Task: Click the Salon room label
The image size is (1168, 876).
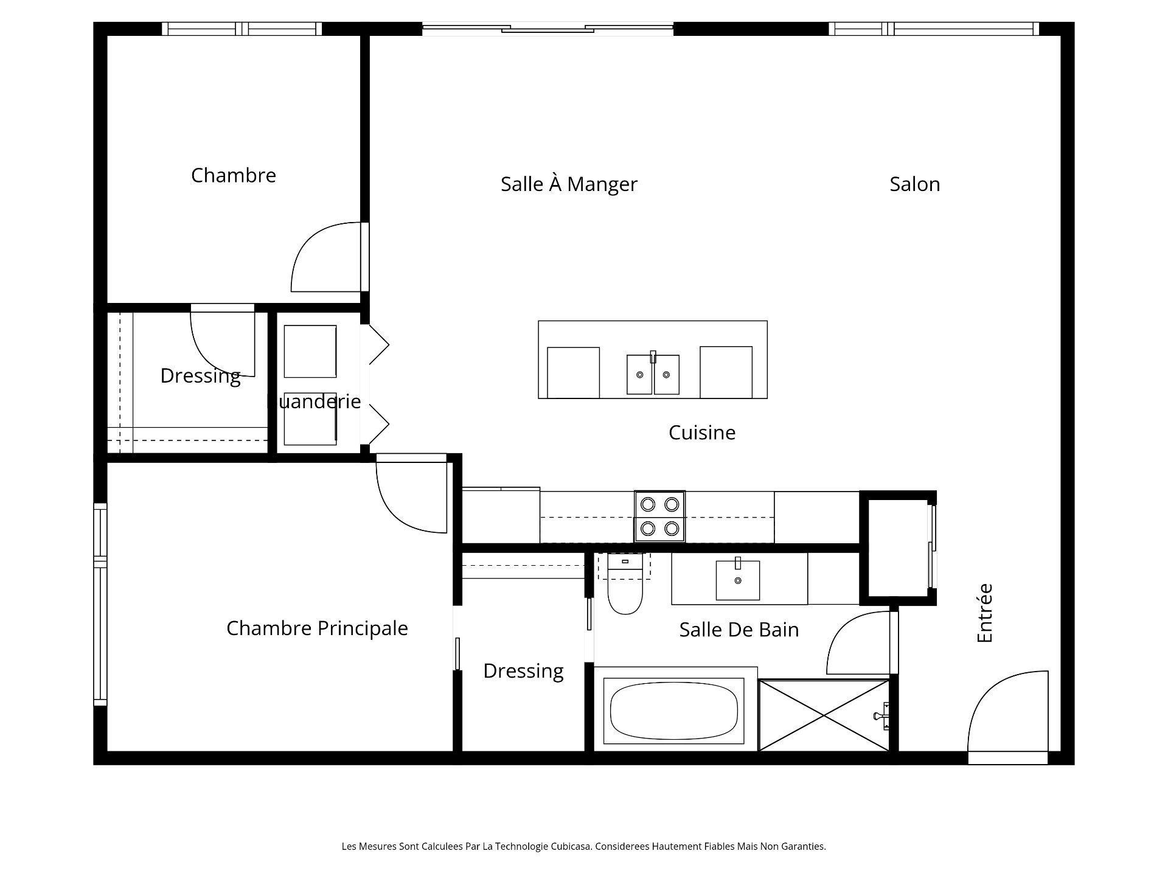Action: (914, 184)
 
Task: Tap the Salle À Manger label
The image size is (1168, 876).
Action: (569, 184)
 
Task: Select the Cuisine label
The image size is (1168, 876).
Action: (702, 433)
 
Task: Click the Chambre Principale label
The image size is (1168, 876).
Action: (317, 628)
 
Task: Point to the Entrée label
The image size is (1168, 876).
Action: (984, 613)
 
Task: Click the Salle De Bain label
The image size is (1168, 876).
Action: (739, 630)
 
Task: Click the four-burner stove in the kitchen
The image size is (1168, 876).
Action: (660, 516)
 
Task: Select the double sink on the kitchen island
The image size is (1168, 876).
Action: (653, 374)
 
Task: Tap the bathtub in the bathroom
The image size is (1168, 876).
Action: (674, 711)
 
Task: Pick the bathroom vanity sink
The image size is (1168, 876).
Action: (738, 580)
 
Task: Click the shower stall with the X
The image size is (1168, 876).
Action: (824, 715)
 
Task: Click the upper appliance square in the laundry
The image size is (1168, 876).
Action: (310, 352)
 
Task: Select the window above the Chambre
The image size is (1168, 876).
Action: (242, 29)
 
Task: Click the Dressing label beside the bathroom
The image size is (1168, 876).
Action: (523, 671)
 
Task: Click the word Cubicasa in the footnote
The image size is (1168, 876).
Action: (571, 846)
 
